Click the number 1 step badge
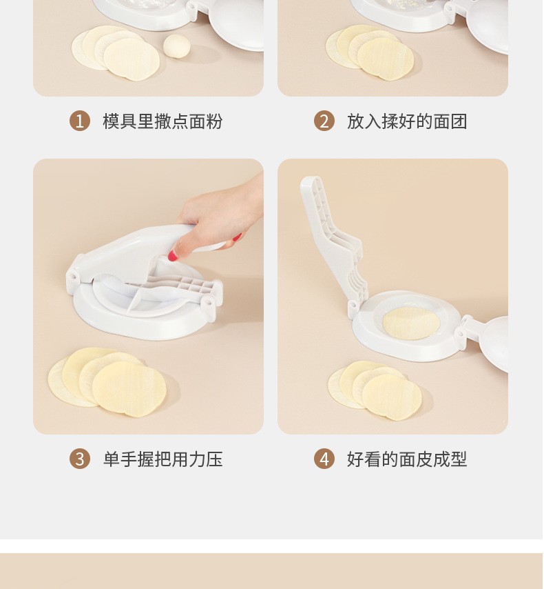tap(80, 121)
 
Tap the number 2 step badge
tap(324, 121)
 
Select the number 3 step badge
tap(80, 459)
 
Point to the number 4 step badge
tap(324, 459)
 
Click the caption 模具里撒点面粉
tap(163, 121)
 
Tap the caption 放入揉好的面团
tap(407, 121)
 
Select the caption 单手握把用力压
tap(163, 459)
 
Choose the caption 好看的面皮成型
tap(407, 459)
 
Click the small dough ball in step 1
tap(177, 46)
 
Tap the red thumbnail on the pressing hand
tap(172, 255)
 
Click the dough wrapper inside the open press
tap(411, 323)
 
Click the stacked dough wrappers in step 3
tap(107, 382)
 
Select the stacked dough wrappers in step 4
tap(375, 390)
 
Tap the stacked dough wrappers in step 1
tap(116, 53)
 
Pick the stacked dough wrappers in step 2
tap(370, 52)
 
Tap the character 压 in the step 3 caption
tap(214, 459)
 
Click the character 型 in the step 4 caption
tap(459, 459)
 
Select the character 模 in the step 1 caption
tap(112, 121)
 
